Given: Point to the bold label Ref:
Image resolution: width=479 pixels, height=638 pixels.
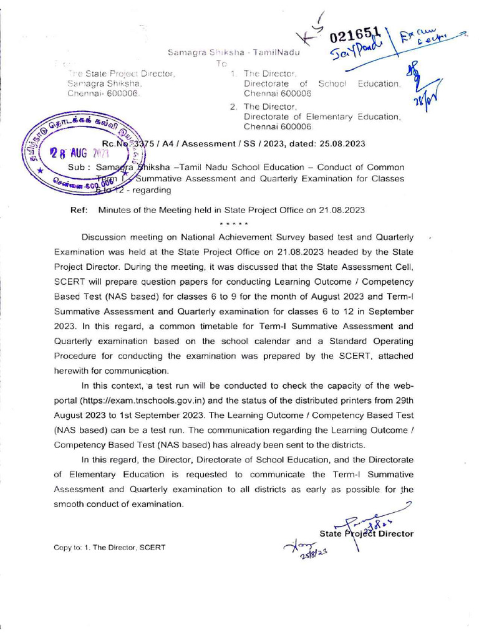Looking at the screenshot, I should (79, 211).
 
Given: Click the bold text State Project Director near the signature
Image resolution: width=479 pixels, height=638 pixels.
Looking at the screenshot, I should (366, 533).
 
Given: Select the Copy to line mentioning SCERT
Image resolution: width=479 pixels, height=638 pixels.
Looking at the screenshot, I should (110, 548).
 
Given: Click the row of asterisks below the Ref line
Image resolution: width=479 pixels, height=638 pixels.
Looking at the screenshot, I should (235, 223).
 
